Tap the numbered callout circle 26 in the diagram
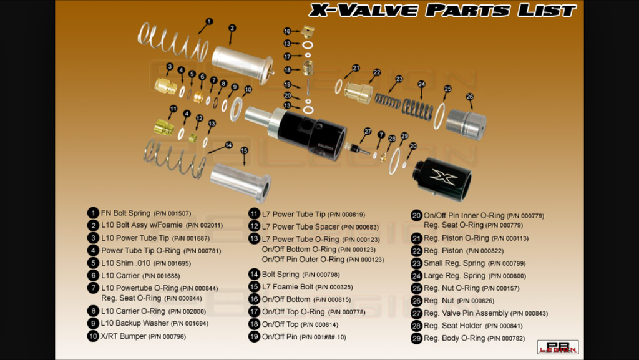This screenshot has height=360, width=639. click(469, 97)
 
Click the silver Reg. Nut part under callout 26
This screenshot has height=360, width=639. click(466, 124)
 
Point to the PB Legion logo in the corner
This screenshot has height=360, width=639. click(558, 348)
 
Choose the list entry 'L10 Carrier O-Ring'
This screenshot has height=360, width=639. click(133, 311)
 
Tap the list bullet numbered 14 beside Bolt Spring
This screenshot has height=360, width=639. click(253, 274)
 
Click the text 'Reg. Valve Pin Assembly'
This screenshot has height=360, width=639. click(466, 313)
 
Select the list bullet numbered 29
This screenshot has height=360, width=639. click(416, 338)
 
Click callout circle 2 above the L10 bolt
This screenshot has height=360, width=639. click(232, 27)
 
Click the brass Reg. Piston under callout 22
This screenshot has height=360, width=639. click(359, 94)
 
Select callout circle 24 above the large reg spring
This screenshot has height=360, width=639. click(422, 84)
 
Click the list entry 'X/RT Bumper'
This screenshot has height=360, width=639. click(123, 336)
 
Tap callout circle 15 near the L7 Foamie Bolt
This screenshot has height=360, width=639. click(244, 150)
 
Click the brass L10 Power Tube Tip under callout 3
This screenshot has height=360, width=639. click(166, 85)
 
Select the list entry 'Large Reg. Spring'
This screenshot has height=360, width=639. click(454, 276)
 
